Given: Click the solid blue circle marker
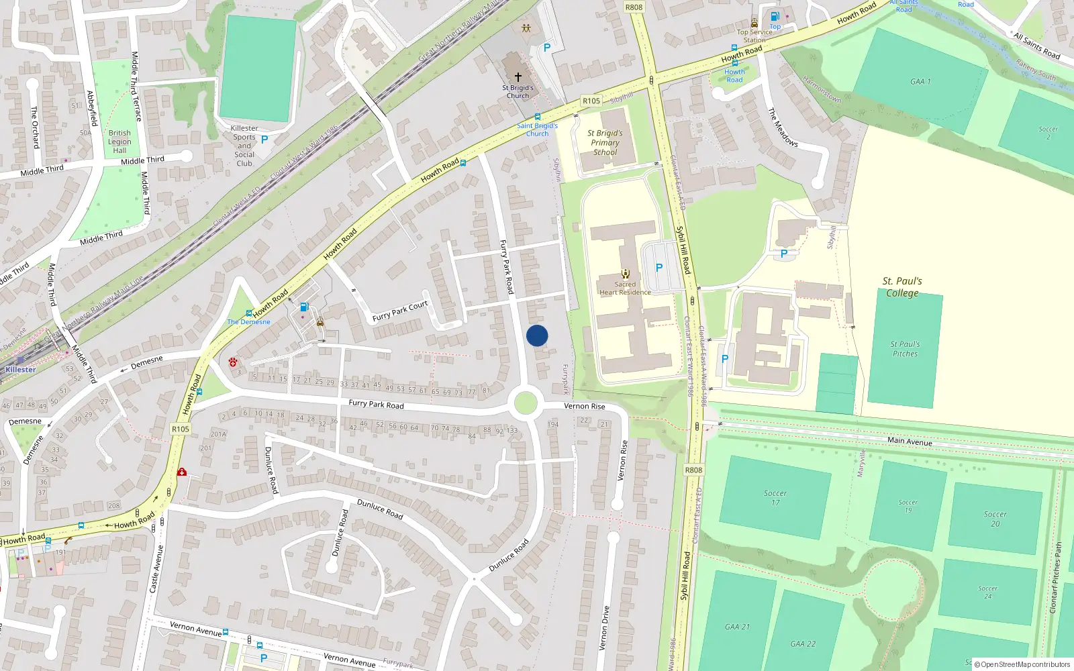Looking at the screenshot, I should click(537, 335).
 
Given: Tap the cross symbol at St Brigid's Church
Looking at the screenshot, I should click(518, 77).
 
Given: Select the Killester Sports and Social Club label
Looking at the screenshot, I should click(244, 146).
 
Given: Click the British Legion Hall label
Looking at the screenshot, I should click(119, 142).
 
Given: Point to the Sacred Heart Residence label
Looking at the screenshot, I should click(625, 289).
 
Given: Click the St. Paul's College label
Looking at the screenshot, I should click(902, 287).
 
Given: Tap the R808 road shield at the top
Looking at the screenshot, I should click(634, 7).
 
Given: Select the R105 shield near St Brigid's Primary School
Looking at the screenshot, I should click(591, 101).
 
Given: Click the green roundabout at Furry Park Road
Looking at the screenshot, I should click(525, 403).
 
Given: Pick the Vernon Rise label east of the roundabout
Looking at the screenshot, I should click(585, 406).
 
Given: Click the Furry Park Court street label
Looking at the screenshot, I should click(400, 311).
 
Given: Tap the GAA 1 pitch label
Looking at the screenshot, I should click(920, 82).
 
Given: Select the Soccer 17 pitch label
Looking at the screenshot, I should click(775, 497).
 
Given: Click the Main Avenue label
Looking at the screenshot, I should click(910, 441).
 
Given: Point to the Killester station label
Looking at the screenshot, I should click(21, 370).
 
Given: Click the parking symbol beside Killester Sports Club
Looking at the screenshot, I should click(264, 140).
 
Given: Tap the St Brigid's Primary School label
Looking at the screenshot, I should click(605, 142).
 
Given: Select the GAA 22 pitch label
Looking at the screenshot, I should click(803, 643).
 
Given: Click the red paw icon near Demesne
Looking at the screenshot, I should click(233, 362).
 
